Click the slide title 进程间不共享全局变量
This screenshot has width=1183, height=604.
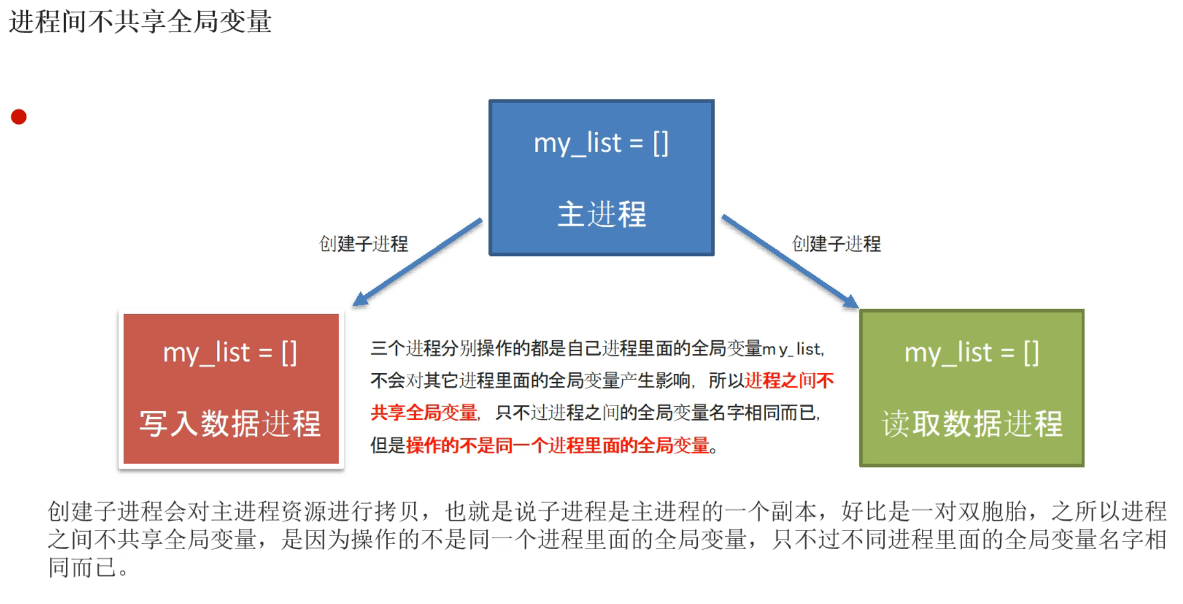(140, 22)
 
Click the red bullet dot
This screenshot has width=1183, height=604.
(19, 117)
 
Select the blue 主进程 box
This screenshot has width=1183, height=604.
(601, 177)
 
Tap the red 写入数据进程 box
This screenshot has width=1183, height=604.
(231, 388)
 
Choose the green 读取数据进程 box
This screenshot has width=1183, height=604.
(972, 388)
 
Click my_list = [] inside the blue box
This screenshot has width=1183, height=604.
(601, 144)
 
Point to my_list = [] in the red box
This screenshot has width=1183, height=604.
(230, 353)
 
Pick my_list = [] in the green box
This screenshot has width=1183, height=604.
(972, 353)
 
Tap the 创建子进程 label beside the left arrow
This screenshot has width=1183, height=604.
(364, 244)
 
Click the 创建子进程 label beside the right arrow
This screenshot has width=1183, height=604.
(836, 244)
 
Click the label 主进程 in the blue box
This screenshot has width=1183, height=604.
(602, 214)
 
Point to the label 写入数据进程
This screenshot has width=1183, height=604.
(230, 424)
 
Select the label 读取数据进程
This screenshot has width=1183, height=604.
(972, 424)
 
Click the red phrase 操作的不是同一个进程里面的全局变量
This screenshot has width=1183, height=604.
(558, 446)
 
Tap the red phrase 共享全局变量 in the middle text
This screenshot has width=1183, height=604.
(424, 413)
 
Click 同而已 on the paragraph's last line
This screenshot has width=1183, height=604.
(82, 567)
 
